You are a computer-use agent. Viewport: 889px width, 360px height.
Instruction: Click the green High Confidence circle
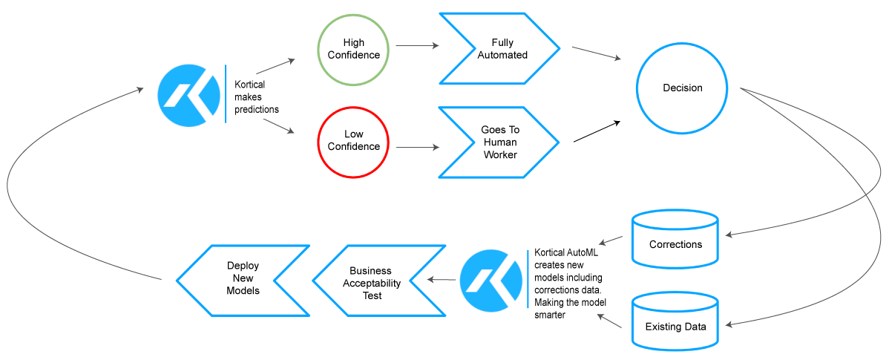tap(353, 49)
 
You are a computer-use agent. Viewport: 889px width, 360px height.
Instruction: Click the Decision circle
tap(682, 88)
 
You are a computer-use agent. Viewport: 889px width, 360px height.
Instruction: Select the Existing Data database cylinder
tap(675, 322)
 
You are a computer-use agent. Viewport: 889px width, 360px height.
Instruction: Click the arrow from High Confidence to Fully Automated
tap(417, 46)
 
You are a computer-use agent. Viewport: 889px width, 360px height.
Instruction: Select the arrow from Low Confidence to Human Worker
tap(417, 147)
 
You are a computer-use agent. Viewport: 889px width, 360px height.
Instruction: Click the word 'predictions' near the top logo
tap(257, 109)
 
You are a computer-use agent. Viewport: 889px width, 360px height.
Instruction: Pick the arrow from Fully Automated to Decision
tap(597, 53)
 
